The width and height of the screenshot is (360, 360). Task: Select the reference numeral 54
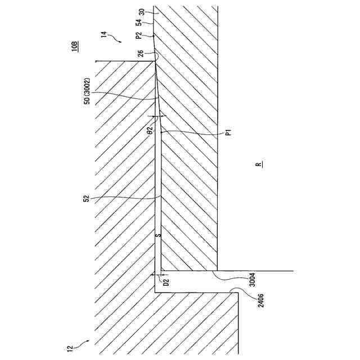[x=141, y=24]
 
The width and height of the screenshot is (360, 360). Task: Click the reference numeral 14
[x=104, y=34]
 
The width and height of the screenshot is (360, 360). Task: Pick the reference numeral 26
[x=140, y=54]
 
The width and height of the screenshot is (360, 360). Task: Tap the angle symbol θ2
[x=150, y=130]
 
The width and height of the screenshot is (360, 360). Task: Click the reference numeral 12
[x=70, y=349]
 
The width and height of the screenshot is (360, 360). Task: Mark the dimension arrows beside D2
[x=158, y=274]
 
